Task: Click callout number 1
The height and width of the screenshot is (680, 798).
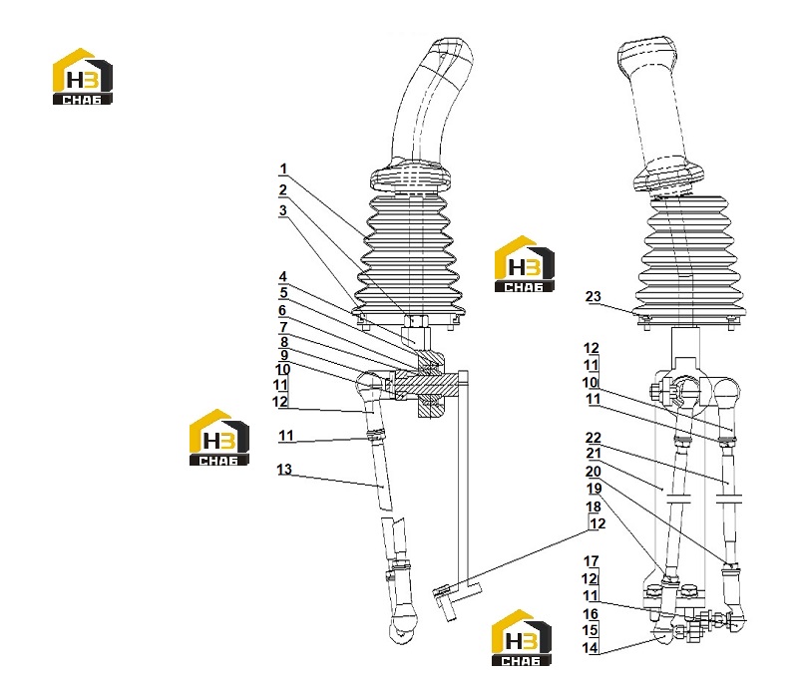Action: (283, 169)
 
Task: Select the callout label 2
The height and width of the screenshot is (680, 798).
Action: (283, 190)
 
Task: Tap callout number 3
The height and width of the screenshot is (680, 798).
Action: (283, 210)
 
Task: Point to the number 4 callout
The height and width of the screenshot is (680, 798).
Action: (283, 277)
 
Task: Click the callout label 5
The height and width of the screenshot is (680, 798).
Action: (283, 293)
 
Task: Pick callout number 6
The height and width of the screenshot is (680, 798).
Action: (282, 311)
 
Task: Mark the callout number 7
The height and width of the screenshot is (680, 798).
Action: (283, 328)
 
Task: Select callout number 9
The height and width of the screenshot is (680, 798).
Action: (284, 356)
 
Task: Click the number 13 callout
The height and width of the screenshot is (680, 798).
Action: (284, 470)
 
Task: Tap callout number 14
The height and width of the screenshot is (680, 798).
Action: (591, 648)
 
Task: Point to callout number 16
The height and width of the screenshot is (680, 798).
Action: (591, 614)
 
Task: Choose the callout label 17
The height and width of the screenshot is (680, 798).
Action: (591, 561)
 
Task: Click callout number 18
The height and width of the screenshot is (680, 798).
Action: (594, 508)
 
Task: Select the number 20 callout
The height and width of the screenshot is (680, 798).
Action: (594, 472)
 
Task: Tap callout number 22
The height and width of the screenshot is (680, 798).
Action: (594, 438)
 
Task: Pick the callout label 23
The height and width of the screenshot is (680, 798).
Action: (594, 296)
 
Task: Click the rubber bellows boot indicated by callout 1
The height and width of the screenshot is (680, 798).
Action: (410, 254)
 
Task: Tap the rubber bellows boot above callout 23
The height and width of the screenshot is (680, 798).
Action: (687, 259)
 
